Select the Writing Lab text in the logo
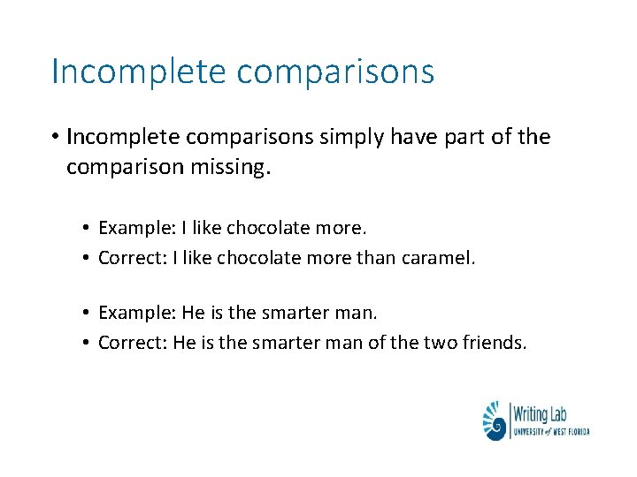pyautogui.click(x=541, y=412)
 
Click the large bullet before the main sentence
pyautogui.click(x=55, y=138)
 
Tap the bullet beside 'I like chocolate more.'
pyautogui.click(x=88, y=228)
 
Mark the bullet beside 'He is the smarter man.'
pyautogui.click(x=88, y=313)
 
